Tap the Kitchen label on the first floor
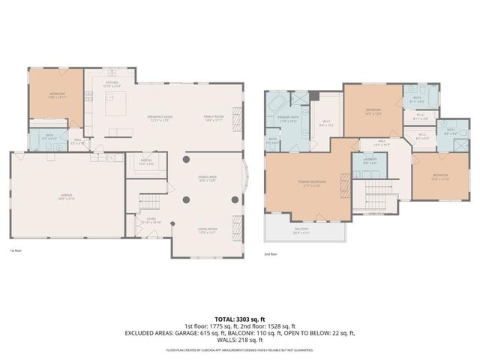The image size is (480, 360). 112,85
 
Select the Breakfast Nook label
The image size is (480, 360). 160,118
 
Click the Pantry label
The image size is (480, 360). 146,162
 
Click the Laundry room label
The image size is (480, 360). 370,160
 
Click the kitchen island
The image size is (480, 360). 114,106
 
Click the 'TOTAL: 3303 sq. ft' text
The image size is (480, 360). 239,319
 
